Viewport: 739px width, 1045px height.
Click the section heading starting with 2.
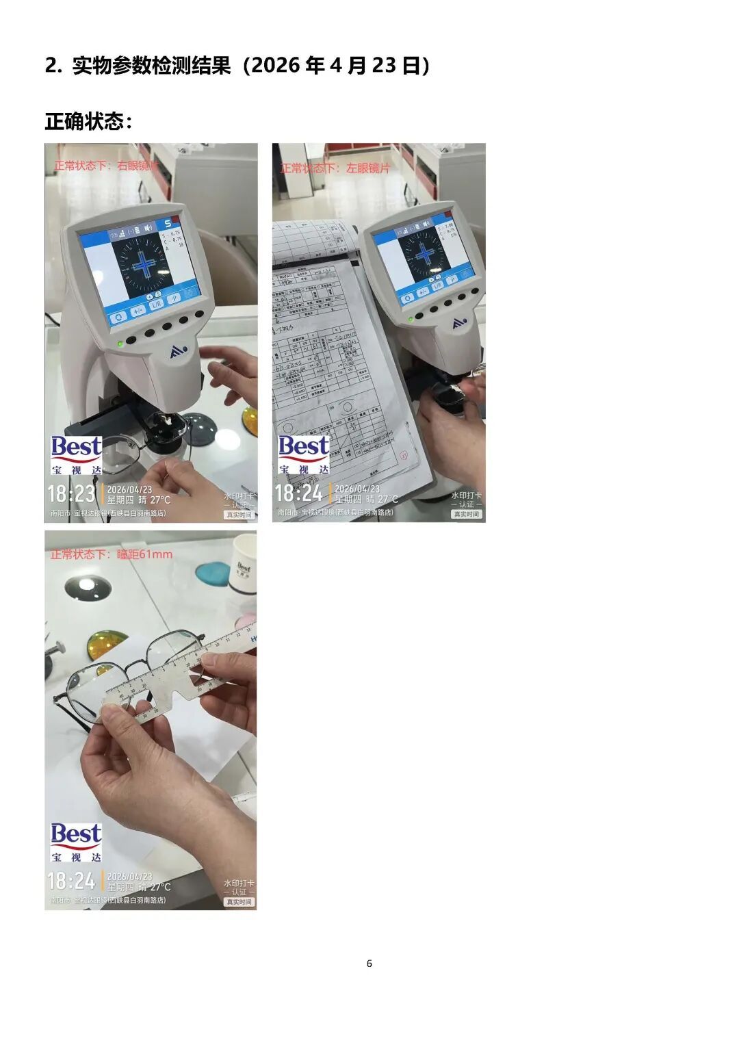pyautogui.click(x=237, y=66)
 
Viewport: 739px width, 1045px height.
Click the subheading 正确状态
pyautogui.click(x=88, y=122)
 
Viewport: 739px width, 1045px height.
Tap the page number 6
pyautogui.click(x=369, y=964)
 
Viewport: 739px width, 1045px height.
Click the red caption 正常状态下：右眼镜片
pyautogui.click(x=106, y=166)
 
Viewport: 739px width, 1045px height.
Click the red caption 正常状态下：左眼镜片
pyautogui.click(x=335, y=168)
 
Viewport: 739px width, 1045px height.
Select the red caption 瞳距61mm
pyautogui.click(x=112, y=554)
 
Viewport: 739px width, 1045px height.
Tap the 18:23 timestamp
pyautogui.click(x=71, y=494)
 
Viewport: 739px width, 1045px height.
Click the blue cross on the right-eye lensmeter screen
pyautogui.click(x=144, y=264)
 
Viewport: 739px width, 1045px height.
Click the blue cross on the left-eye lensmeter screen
pyautogui.click(x=425, y=254)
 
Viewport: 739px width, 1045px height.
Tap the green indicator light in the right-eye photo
pyautogui.click(x=120, y=343)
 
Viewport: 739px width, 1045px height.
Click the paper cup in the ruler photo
pyautogui.click(x=244, y=564)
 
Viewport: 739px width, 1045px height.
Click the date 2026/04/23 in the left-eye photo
pyautogui.click(x=356, y=489)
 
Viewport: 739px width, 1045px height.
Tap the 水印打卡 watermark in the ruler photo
pyautogui.click(x=238, y=883)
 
